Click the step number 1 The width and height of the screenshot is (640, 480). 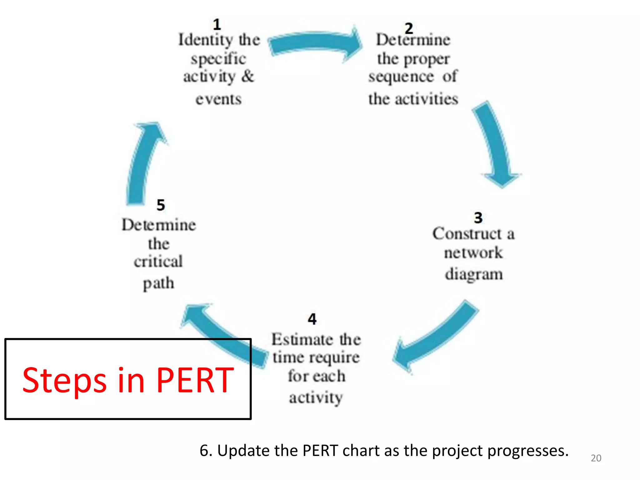tap(217, 25)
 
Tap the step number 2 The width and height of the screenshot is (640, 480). tap(409, 28)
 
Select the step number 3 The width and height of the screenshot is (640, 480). tap(478, 218)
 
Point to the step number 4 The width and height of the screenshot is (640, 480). tap(312, 319)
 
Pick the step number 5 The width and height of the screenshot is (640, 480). tap(161, 205)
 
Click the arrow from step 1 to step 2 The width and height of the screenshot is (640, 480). tap(316, 44)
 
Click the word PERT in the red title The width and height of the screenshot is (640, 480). tap(195, 380)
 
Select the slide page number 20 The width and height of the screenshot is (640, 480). tap(596, 458)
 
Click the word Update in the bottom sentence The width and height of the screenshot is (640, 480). tap(244, 451)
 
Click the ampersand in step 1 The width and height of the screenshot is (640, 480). tap(248, 76)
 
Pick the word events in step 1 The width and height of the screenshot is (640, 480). tap(219, 99)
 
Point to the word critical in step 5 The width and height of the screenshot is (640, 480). tap(158, 262)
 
